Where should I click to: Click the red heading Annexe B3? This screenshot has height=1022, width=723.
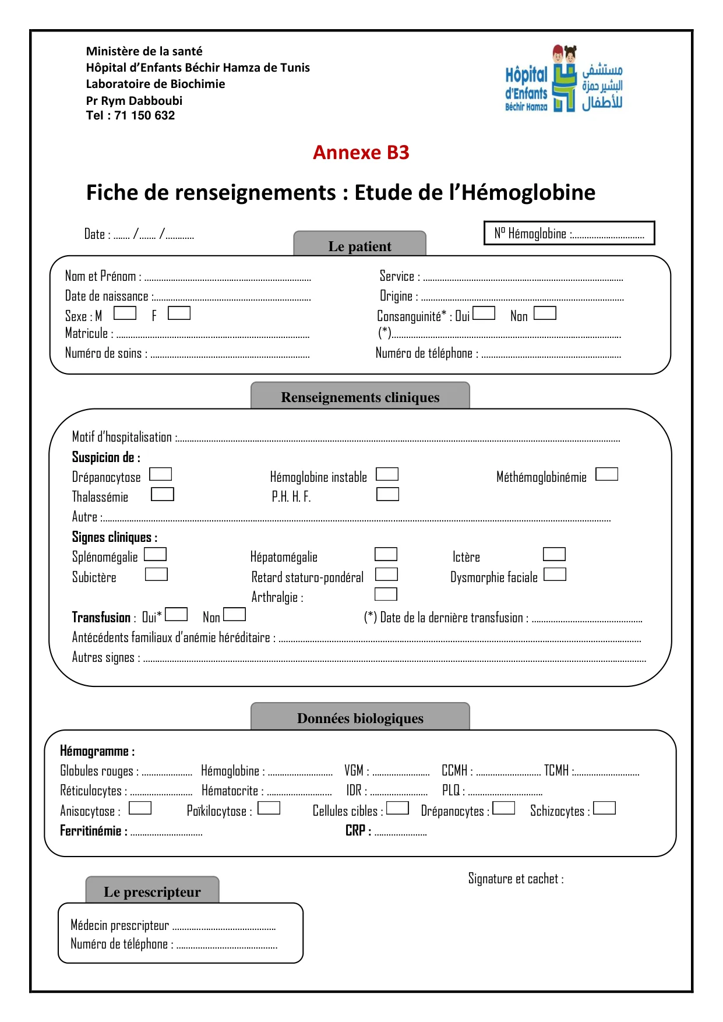361,153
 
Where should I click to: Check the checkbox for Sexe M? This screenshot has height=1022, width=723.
125,313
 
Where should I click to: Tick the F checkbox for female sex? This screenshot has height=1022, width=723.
179,313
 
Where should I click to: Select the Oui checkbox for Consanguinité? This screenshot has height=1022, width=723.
484,313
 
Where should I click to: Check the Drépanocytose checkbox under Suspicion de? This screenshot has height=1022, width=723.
160,474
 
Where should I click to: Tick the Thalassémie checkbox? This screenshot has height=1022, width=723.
162,494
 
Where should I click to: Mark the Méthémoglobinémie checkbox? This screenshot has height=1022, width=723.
606,474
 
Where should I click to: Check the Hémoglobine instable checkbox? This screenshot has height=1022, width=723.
387,474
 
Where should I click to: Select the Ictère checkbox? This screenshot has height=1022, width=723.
554,554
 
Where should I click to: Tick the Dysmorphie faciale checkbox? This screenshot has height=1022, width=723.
555,575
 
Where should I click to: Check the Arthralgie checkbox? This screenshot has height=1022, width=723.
386,594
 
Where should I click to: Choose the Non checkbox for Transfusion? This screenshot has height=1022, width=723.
234,615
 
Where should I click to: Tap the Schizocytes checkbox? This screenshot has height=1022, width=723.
604,808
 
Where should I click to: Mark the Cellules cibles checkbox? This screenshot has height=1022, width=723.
397,808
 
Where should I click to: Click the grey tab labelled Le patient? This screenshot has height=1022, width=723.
359,244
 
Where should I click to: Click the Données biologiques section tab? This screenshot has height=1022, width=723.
360,717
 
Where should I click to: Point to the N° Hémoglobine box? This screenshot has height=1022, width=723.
569,233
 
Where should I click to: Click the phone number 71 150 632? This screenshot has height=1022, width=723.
144,115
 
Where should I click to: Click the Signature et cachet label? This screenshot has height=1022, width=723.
516,879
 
